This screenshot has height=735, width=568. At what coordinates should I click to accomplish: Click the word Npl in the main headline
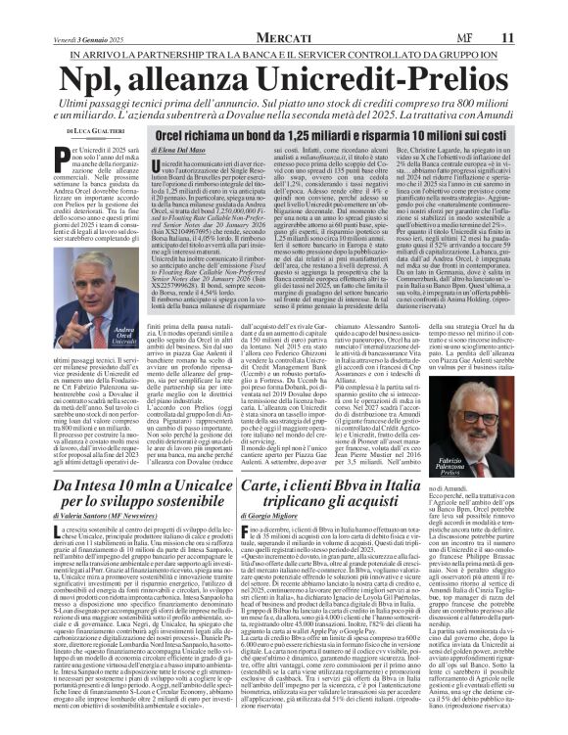click(x=101, y=81)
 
